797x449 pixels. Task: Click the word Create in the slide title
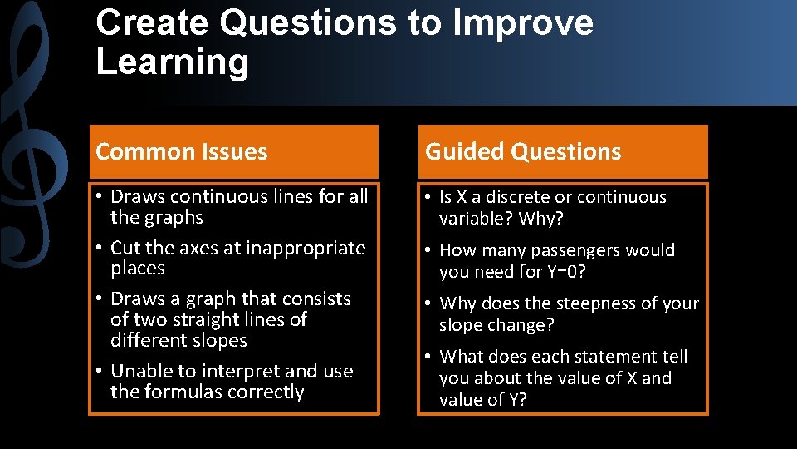[152, 23]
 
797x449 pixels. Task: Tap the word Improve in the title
[522, 23]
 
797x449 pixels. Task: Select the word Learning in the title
[172, 62]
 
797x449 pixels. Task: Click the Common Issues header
[182, 152]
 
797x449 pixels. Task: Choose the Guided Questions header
[523, 152]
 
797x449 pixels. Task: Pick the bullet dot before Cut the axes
[98, 249]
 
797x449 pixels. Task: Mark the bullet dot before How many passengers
[428, 251]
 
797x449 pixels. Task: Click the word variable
[472, 219]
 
